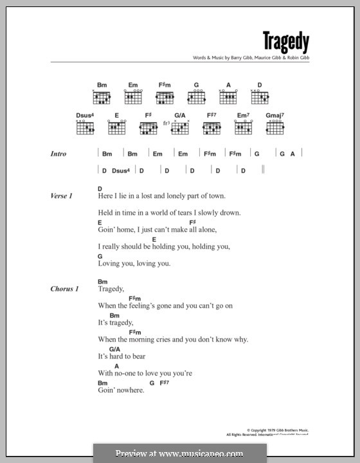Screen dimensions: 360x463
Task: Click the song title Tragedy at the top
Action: click(285, 42)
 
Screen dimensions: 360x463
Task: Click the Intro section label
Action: click(59, 154)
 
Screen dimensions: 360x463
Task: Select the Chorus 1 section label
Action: click(64, 289)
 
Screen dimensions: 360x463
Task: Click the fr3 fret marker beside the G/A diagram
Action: click(166, 123)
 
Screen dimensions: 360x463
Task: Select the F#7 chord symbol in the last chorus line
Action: click(164, 382)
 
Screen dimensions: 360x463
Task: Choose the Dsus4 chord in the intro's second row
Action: click(121, 170)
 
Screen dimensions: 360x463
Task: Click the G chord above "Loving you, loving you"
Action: click(100, 255)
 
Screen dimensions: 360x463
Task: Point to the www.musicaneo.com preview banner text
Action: click(179, 453)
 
